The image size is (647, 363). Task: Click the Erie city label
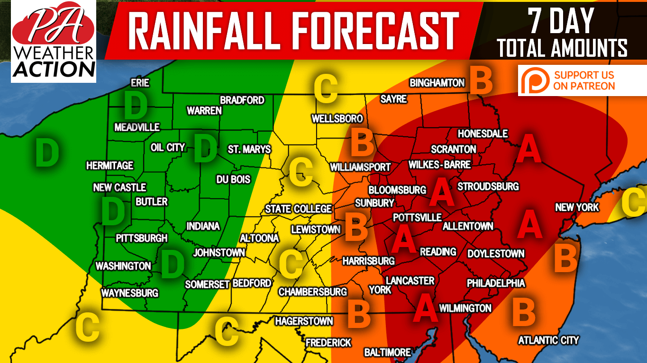coord(140,83)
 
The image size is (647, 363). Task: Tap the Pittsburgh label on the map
coord(142,238)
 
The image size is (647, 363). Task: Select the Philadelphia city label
coord(496,283)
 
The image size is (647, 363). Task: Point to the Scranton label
coord(453,149)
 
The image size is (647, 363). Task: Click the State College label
coord(298,209)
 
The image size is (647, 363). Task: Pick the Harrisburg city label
coord(368,261)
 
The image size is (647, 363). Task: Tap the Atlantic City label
coord(548,340)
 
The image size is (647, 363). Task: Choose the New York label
coord(577,207)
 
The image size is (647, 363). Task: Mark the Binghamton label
coord(437,83)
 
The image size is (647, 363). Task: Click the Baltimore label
coord(387,353)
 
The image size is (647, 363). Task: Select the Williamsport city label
coord(360,167)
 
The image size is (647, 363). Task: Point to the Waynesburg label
coord(129,293)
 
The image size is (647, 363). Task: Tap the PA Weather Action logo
coord(54,41)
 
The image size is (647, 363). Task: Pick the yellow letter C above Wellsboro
coord(326,89)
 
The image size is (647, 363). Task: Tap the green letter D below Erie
coord(135,106)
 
